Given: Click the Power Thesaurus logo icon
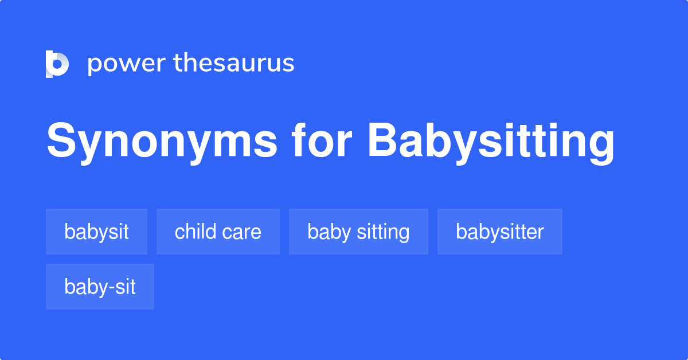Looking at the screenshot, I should (x=57, y=64).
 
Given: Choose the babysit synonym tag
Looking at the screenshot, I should (x=96, y=232).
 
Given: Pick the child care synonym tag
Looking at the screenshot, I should (x=218, y=232).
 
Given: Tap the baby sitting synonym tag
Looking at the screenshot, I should (x=358, y=232).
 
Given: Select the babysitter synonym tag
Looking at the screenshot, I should (x=499, y=232).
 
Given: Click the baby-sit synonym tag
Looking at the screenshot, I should (x=100, y=287).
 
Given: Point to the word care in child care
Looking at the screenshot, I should (x=241, y=232).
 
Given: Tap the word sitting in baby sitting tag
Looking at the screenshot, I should (x=383, y=232).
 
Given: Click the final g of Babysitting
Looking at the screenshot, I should (x=600, y=146).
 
